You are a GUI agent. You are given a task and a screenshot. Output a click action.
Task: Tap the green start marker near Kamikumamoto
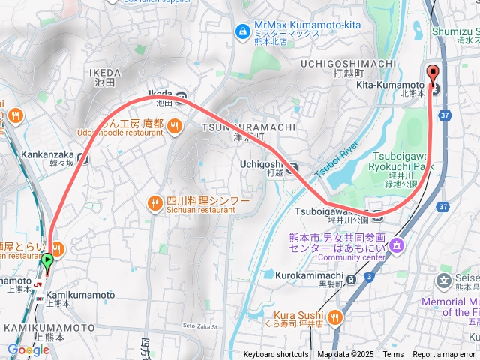pos(47,262)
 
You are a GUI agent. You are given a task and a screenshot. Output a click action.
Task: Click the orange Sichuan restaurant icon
pos(154,203)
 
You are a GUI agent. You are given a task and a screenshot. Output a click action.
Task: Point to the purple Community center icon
pos(397,245)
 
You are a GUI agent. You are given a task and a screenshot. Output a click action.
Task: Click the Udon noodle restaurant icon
pos(174,124)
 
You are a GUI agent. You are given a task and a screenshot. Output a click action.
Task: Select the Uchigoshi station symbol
pos(292,167)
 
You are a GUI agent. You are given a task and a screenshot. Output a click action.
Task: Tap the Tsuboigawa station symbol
pos(378,215)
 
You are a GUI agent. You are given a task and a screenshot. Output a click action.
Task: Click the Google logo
pos(28,349)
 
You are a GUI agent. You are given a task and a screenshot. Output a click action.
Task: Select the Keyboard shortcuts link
pos(276,355)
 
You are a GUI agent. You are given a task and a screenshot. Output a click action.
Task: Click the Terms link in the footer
pos(393,355)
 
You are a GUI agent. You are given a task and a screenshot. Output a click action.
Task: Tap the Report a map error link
pos(444,355)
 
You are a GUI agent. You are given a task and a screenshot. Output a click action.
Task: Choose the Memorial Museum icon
pos(444,282)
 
